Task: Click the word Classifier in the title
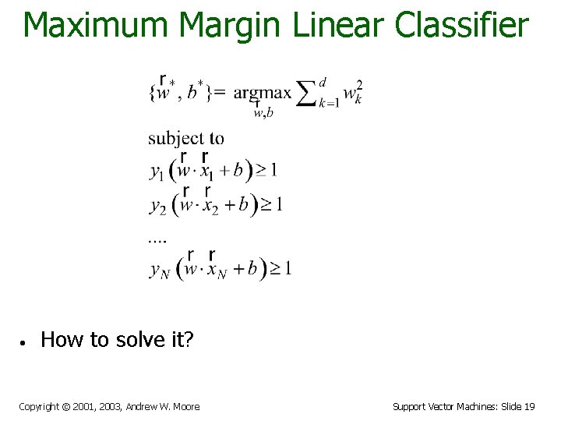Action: [461, 25]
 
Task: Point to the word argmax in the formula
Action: [262, 94]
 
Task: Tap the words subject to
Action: [186, 139]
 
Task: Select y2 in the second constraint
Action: [158, 207]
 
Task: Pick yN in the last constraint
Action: [160, 271]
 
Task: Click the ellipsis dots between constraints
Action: [157, 241]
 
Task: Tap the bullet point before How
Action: [25, 341]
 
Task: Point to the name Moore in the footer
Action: [185, 406]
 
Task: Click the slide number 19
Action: [529, 406]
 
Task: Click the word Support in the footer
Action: [409, 406]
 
